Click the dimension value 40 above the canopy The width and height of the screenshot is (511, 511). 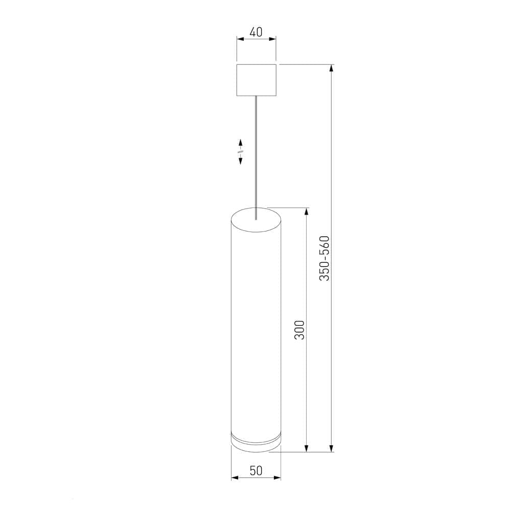pos(256,32)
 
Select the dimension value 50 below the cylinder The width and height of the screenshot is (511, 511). pos(256,471)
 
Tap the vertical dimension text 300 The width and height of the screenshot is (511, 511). pos(300,330)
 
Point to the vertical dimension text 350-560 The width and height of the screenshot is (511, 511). pos(325,258)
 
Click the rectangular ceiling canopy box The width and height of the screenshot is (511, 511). pos(256,80)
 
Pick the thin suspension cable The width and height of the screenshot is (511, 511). pos(256,153)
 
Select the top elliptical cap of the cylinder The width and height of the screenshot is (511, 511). pos(256,218)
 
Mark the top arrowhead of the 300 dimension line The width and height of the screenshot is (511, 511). pos(307,211)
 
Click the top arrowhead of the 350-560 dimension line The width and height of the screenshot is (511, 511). pos(332,68)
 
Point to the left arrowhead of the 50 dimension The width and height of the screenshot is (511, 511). pos(235,478)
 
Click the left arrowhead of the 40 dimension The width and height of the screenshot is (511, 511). pos(239,38)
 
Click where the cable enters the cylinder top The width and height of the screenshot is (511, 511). pos(256,219)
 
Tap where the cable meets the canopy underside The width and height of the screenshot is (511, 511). pos(256,96)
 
